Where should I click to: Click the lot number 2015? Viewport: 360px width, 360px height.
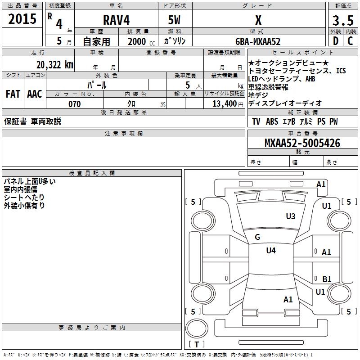click(22, 19)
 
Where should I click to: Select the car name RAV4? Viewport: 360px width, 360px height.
click(116, 20)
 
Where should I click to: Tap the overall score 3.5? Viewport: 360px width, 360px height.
click(343, 20)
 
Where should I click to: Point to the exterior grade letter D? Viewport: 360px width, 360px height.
click(335, 41)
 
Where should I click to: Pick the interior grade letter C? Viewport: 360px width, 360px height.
click(350, 41)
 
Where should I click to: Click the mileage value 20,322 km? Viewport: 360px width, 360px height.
click(54, 65)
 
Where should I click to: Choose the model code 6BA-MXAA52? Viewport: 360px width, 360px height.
click(258, 41)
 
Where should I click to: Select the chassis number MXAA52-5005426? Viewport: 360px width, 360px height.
click(302, 143)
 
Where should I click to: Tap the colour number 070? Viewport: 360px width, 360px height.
click(75, 104)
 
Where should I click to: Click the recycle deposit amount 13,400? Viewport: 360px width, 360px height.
click(224, 104)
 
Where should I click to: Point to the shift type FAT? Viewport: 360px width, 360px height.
click(13, 94)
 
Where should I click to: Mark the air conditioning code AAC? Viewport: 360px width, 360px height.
click(35, 94)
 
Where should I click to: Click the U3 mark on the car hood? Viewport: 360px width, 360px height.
click(290, 216)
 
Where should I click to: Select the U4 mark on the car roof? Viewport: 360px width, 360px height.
click(271, 250)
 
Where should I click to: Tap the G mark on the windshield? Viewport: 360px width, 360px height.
click(257, 237)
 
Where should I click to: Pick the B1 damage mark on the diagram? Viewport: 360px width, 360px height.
click(327, 279)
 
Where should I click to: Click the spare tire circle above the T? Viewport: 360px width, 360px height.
click(197, 328)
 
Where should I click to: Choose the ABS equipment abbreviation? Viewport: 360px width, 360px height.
click(272, 121)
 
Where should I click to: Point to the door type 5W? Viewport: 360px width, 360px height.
click(174, 20)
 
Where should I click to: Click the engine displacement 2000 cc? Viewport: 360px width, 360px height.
click(141, 41)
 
